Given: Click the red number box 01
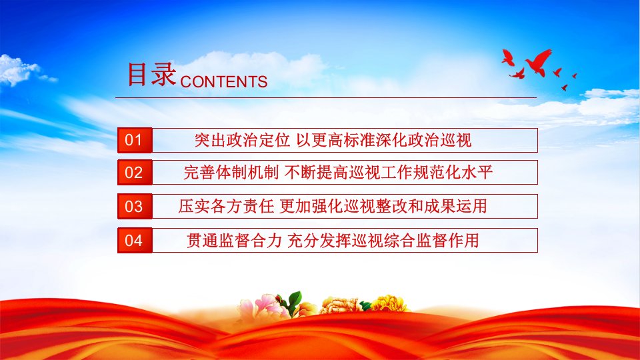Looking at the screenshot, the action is (135, 140).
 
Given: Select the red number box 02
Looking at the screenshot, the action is (135, 172).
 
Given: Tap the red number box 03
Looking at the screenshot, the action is (135, 206).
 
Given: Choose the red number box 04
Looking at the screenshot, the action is (135, 240).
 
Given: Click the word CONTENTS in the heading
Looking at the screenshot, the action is (224, 81).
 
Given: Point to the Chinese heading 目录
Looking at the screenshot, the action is (151, 74).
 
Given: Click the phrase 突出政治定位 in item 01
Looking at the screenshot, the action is (242, 140).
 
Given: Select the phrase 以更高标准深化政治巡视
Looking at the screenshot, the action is (384, 140).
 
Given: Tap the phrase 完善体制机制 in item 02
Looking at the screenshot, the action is (231, 172).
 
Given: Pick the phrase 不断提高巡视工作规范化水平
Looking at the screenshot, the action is (389, 172).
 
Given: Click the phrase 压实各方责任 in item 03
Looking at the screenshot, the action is (226, 206).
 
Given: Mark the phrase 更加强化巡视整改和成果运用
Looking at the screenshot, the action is (383, 206).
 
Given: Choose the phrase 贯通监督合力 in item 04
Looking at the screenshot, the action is (234, 240).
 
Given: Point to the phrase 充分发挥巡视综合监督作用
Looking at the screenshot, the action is (383, 240).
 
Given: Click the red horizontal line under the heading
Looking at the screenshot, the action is (326, 97).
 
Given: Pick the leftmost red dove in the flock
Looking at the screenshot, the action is (508, 57).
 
